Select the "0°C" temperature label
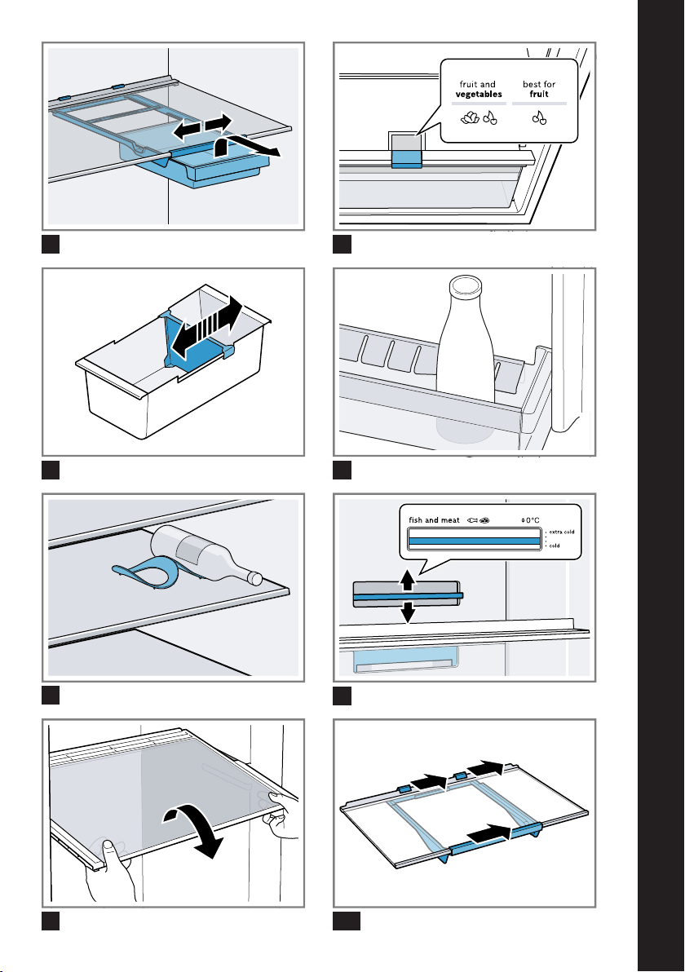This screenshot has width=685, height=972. click(x=531, y=519)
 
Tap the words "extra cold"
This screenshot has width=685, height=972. click(x=562, y=532)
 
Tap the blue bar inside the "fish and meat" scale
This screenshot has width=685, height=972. click(x=474, y=539)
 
